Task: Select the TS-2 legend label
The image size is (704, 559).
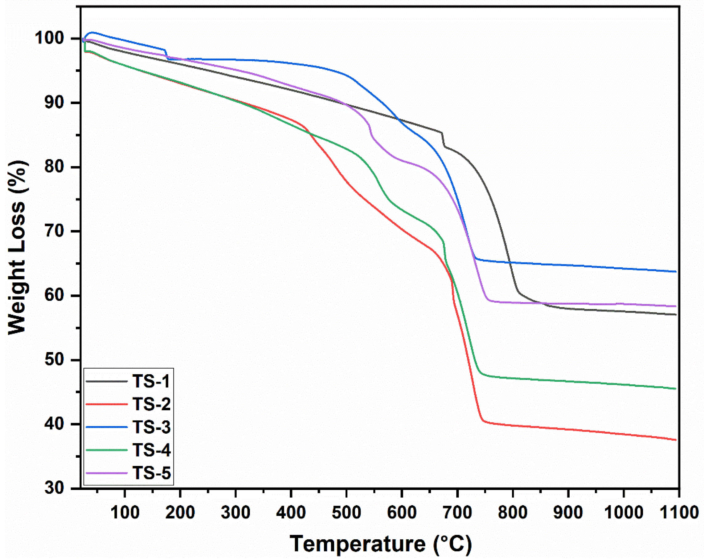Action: [151, 404]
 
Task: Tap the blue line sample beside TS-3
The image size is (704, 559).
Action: [106, 427]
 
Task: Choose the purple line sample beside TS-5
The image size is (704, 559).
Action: [106, 473]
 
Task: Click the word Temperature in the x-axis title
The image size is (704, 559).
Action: [357, 544]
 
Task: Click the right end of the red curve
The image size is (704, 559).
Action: [675, 440]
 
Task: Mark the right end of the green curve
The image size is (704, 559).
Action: [675, 389]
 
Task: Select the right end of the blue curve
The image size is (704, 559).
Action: [675, 272]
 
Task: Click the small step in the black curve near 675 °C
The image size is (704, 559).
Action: [443, 140]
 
